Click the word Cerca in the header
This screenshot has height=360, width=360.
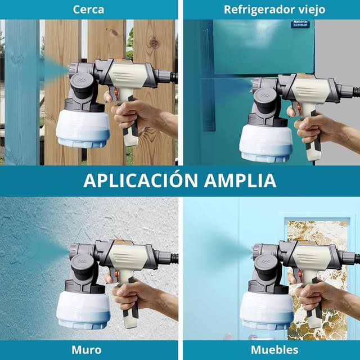click(x=88, y=10)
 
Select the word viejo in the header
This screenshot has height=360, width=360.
click(x=314, y=10)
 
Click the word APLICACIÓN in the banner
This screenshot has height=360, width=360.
click(x=141, y=180)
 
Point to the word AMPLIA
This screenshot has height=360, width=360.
click(x=240, y=181)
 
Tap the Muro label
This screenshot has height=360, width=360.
click(x=87, y=350)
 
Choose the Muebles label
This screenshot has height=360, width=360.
click(x=274, y=350)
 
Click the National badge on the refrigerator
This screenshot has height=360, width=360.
click(x=300, y=24)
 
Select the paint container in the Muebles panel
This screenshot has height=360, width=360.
click(x=267, y=310)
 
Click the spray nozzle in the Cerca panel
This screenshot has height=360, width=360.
click(x=73, y=69)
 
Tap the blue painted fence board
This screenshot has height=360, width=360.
click(x=22, y=92)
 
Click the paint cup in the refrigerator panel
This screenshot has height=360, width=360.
click(x=266, y=142)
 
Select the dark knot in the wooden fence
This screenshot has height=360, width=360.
click(x=154, y=43)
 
